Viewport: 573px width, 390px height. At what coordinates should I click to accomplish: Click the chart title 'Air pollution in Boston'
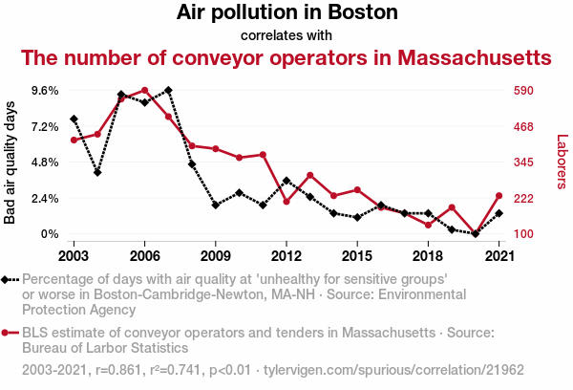click(286, 13)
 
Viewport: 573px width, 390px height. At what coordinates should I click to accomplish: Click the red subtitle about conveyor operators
click(286, 57)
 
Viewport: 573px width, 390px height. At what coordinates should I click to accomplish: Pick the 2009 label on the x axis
click(216, 256)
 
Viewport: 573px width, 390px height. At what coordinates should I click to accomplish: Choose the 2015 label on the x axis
click(358, 256)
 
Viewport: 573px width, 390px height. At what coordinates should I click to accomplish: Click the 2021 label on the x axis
click(500, 256)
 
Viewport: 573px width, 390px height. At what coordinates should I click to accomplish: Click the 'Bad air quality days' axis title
click(11, 162)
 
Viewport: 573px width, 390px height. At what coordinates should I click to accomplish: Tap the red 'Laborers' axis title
click(562, 162)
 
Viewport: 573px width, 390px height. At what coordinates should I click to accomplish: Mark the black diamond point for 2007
click(168, 90)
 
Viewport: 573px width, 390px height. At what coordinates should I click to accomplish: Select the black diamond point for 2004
click(97, 172)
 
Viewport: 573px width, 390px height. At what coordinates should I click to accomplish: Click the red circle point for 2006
click(144, 91)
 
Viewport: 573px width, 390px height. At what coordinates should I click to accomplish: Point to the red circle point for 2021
click(500, 196)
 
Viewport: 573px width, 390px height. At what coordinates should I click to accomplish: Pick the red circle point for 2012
click(286, 202)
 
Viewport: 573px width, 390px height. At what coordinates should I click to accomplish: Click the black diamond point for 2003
click(74, 119)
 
